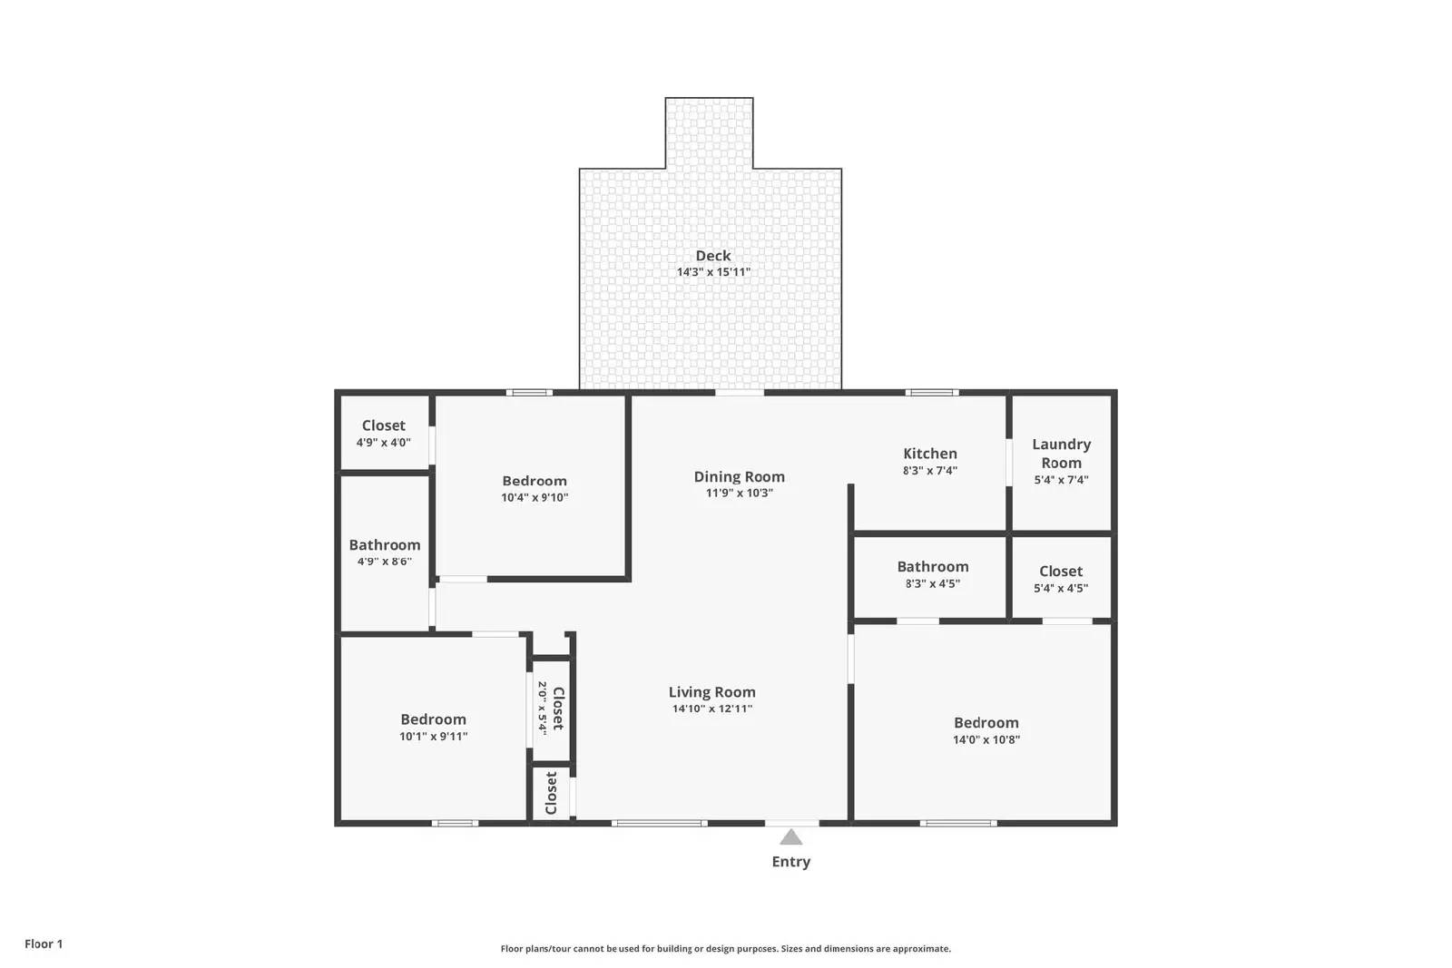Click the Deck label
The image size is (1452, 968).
point(712,256)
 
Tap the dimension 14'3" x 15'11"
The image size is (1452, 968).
point(713,272)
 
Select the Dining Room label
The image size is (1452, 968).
point(739,476)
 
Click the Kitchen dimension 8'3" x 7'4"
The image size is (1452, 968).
point(929,471)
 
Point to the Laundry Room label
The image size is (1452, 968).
point(1061,453)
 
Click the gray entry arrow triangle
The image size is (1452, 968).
point(790,837)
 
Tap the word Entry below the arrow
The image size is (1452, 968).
point(790,862)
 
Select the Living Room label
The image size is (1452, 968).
point(711,692)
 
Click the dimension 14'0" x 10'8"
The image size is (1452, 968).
point(986,739)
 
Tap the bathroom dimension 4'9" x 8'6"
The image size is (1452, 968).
point(384,562)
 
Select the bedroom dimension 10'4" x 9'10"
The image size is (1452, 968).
point(535,497)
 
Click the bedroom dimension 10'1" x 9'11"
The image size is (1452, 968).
point(433,737)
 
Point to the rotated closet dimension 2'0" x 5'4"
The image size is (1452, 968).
point(542,708)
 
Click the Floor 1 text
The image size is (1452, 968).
point(44,944)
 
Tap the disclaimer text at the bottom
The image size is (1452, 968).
point(725,949)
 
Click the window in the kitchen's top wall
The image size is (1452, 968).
point(932,393)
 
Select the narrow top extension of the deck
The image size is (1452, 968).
point(709,132)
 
